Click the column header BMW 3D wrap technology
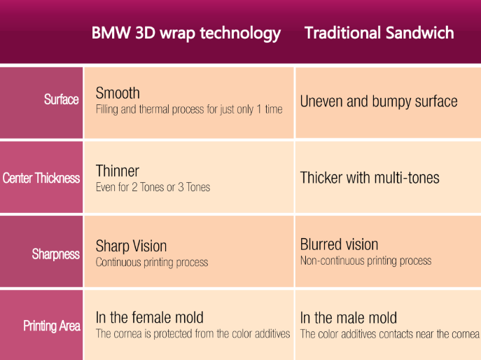click(x=186, y=34)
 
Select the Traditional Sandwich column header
click(x=379, y=33)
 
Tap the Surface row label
click(x=62, y=99)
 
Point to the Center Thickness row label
click(x=41, y=178)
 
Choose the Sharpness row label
click(x=56, y=254)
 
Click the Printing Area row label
click(x=52, y=326)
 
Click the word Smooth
click(x=118, y=93)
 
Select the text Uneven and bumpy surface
click(x=379, y=102)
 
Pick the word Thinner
click(x=118, y=171)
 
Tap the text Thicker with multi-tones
click(x=370, y=178)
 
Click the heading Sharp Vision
click(x=132, y=246)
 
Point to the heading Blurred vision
click(x=340, y=244)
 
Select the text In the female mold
click(x=150, y=317)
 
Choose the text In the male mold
click(x=349, y=318)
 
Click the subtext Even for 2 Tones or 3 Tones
click(x=153, y=187)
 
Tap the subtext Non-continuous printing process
click(x=366, y=261)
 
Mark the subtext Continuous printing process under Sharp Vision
click(x=152, y=263)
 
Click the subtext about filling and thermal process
click(x=189, y=109)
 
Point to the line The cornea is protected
click(x=193, y=333)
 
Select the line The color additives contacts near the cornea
click(x=390, y=334)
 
